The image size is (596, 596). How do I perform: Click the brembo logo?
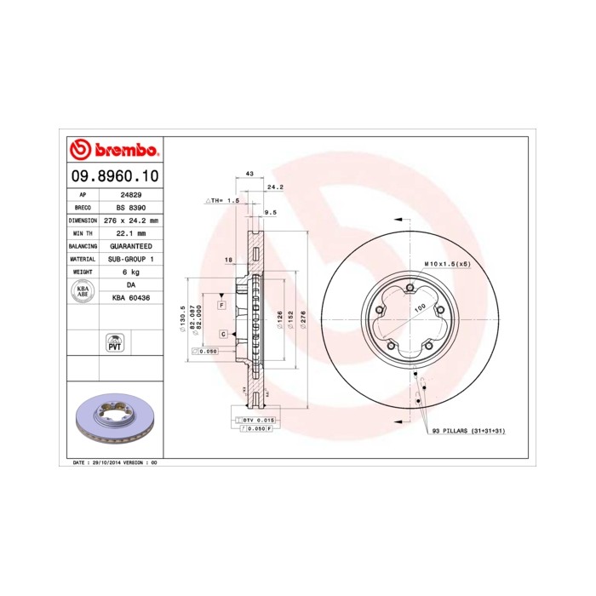(x=114, y=151)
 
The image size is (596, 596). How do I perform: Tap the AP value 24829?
(x=130, y=194)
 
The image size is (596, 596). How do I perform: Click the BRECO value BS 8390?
(x=130, y=207)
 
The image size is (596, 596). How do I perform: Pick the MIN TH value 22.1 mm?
(x=130, y=232)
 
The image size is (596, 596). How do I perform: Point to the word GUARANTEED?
(x=130, y=245)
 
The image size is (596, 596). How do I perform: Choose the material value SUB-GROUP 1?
(x=130, y=258)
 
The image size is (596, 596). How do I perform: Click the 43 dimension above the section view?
(x=249, y=174)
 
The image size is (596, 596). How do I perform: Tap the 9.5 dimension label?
(x=272, y=212)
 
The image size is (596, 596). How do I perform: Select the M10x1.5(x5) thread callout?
(x=447, y=265)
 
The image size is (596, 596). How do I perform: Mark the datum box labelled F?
(x=221, y=304)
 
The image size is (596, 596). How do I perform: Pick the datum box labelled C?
(x=222, y=333)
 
